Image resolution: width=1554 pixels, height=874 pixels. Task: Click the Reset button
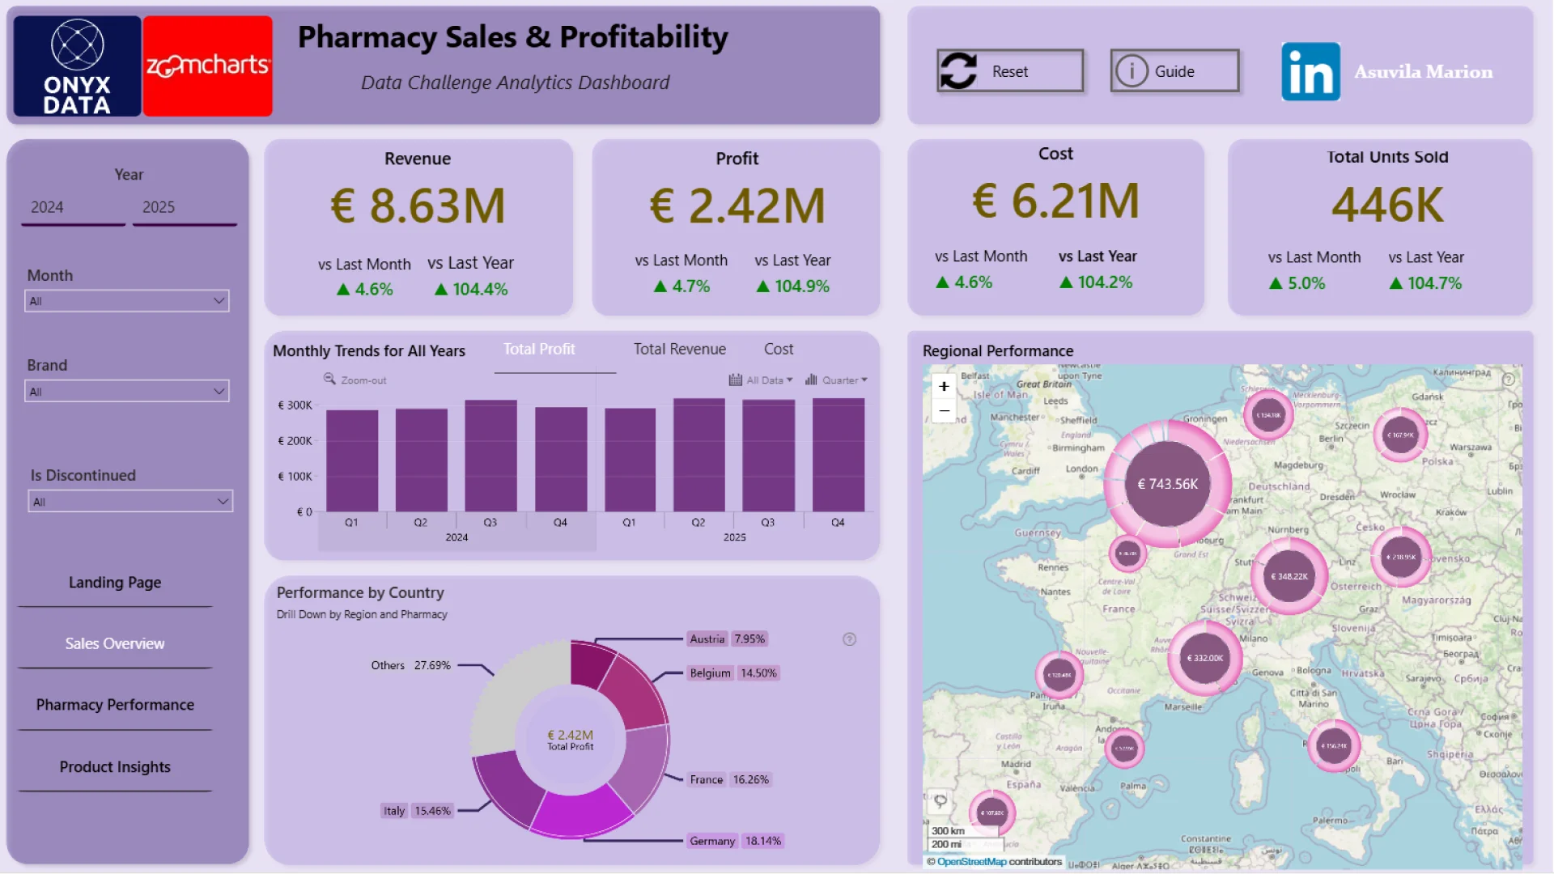(1009, 71)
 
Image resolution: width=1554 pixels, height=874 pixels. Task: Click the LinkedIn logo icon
(1310, 72)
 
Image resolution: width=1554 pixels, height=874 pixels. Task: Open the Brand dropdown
(127, 392)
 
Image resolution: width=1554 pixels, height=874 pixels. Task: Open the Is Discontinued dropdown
(130, 502)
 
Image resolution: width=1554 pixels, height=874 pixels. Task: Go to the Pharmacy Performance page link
(115, 705)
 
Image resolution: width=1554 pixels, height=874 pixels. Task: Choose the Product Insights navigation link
(115, 767)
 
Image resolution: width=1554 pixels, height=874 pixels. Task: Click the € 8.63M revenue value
(418, 206)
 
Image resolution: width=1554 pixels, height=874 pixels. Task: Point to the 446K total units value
(1387, 204)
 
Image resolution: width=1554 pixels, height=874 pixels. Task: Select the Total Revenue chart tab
(679, 350)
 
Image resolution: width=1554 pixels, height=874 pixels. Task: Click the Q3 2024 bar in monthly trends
(490, 456)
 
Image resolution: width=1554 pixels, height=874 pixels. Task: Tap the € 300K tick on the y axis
(295, 405)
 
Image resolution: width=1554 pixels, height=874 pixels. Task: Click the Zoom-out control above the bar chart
(355, 380)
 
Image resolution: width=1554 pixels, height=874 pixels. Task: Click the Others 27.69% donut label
(410, 665)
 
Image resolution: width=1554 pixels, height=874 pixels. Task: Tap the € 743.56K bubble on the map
(1167, 484)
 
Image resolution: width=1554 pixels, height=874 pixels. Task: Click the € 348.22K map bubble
(1289, 576)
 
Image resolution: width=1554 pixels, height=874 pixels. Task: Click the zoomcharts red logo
(207, 66)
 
